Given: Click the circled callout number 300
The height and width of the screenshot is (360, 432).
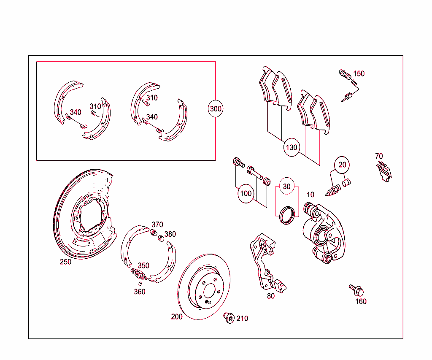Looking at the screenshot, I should tap(216, 109).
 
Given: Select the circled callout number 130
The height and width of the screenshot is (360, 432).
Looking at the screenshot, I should tap(292, 148).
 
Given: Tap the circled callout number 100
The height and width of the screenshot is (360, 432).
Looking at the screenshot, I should tap(246, 194).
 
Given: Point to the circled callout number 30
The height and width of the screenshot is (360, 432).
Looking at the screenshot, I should tap(287, 187).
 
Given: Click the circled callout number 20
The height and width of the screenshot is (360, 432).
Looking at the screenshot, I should tap(342, 165).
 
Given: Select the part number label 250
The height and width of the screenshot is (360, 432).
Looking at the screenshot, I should tap(65, 262).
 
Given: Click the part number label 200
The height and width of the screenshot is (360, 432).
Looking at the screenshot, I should tap(177, 317).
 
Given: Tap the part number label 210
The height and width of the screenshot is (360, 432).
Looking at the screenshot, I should tap(242, 319).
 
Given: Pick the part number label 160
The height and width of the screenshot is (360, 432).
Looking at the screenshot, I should tap(361, 301).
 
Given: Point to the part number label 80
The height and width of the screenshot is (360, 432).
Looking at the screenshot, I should tap(271, 296).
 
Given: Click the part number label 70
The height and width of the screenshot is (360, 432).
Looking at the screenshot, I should tap(379, 156).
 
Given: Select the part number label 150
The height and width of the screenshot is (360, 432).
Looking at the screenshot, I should tap(359, 74).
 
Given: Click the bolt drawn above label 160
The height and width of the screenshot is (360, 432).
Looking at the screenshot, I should tap(356, 290).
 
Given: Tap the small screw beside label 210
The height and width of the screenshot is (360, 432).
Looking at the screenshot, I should tap(229, 318).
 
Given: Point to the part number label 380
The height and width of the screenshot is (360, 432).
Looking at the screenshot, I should tap(170, 234).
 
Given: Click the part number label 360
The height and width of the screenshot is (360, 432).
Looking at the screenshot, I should tap(140, 292).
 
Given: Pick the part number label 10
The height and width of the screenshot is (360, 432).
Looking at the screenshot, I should tap(310, 195).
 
